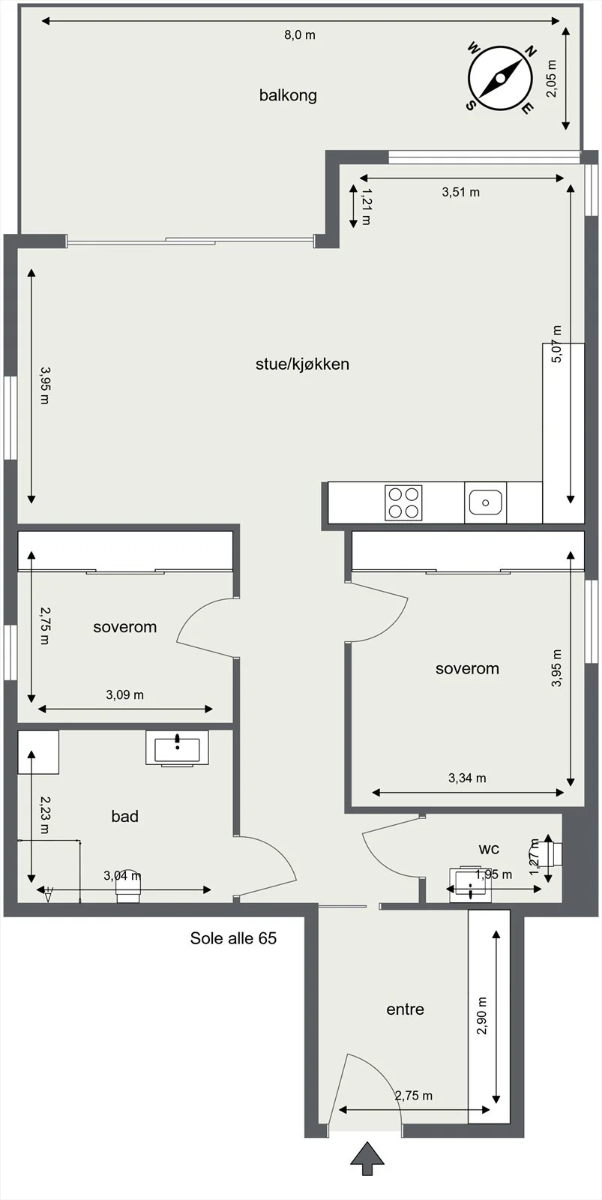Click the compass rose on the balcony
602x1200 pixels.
coord(500,78)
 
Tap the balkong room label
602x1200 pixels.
coord(288,95)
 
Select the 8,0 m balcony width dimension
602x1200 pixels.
coord(300,35)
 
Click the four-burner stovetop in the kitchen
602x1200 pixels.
coord(403,502)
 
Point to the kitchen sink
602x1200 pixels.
coord(485,502)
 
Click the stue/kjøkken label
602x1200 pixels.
coord(303,364)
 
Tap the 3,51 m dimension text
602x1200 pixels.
coord(460,192)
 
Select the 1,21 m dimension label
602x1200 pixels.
coord(367,206)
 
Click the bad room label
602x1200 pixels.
coord(124,816)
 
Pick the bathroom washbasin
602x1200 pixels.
coord(177,748)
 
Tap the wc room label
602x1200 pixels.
coord(489,848)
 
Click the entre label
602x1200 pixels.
coord(406,1009)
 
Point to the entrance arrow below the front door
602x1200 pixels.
coord(367,1158)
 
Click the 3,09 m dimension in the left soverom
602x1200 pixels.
coord(124,694)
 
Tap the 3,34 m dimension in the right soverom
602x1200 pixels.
coord(467,778)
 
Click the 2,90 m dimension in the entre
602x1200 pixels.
coord(482,1015)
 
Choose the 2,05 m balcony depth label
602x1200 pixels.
coord(552,78)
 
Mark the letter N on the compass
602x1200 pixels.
coord(530,52)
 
